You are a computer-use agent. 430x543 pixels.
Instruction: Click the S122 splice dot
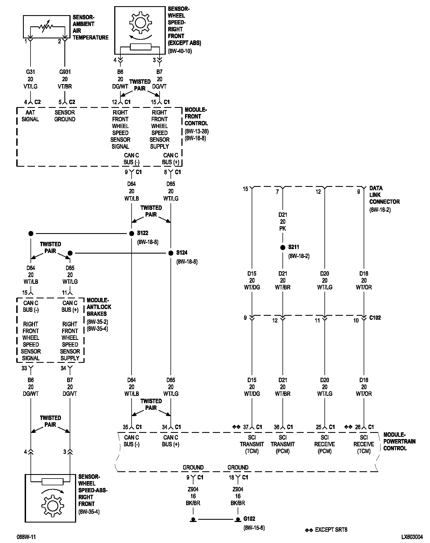(132, 233)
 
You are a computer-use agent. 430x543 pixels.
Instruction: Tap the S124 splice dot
(171, 253)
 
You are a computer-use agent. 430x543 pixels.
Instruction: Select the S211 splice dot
(283, 247)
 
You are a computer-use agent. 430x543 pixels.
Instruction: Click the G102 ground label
(249, 519)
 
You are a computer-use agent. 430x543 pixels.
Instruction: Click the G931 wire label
(65, 72)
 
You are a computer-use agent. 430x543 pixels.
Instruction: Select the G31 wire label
(30, 72)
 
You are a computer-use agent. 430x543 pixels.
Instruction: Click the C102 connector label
(375, 318)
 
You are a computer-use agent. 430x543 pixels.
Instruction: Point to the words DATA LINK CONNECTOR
(384, 195)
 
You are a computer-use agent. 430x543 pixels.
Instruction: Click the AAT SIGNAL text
(30, 116)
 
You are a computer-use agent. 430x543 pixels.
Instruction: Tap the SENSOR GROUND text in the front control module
(65, 116)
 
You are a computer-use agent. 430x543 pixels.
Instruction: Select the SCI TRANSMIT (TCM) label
(252, 444)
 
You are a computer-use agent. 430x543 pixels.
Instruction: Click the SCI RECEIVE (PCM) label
(325, 444)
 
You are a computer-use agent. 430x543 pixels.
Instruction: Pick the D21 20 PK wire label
(283, 222)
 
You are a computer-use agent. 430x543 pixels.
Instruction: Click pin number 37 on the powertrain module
(246, 427)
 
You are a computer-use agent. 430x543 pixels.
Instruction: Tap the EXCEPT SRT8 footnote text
(331, 530)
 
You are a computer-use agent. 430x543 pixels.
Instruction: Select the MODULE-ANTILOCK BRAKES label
(99, 307)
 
